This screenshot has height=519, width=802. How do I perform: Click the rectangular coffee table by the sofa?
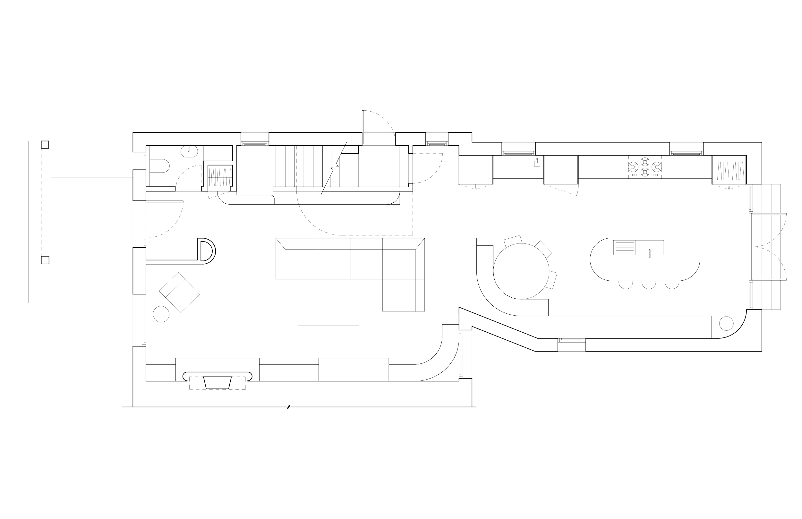pyautogui.click(x=328, y=311)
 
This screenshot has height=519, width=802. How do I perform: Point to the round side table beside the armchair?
pyautogui.click(x=161, y=314)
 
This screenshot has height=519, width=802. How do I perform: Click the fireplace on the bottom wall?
pyautogui.click(x=218, y=382)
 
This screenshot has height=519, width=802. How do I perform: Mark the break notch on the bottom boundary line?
pyautogui.click(x=288, y=407)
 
